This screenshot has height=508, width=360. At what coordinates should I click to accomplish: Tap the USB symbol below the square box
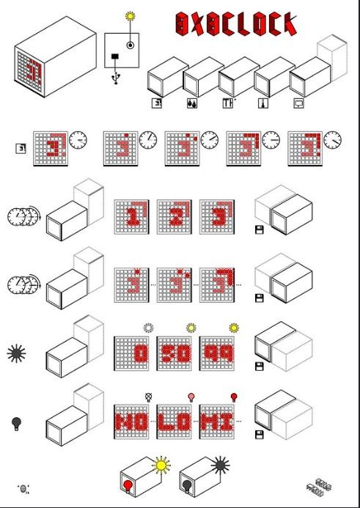[x=116, y=77]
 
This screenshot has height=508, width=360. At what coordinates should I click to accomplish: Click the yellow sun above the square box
[x=131, y=15]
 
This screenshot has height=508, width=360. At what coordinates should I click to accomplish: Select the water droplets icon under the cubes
[x=191, y=103]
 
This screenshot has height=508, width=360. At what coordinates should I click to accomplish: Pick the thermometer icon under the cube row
[x=262, y=103]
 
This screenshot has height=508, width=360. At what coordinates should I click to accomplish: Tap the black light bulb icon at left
[x=16, y=423]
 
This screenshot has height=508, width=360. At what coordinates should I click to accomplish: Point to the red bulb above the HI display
[x=234, y=397]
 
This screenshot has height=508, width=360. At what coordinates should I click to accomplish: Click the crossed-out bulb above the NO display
[x=149, y=396]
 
